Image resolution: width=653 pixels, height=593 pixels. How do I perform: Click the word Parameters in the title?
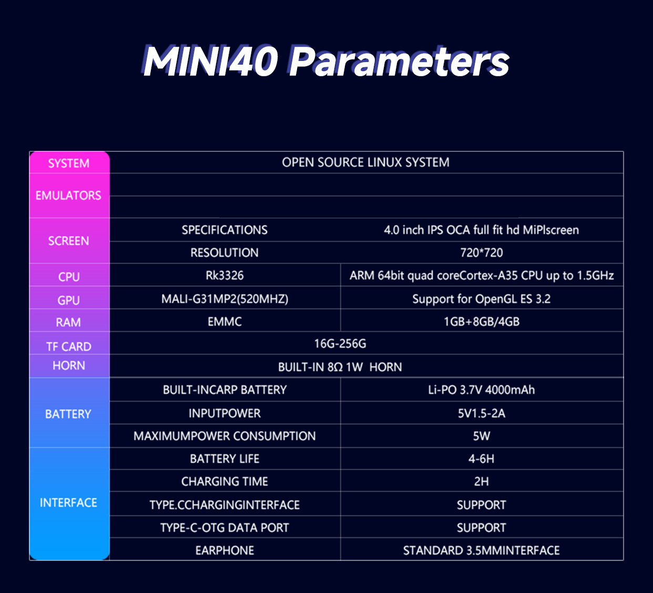[x=399, y=62]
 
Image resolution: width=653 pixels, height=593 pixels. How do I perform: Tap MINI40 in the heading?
[x=210, y=62]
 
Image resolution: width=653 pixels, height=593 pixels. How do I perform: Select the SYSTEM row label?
[x=69, y=163]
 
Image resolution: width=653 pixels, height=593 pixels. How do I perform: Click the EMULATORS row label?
[x=68, y=196]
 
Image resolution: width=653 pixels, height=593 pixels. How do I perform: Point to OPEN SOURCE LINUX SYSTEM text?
[x=365, y=162]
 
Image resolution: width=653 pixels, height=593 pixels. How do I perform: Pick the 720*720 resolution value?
[x=481, y=253]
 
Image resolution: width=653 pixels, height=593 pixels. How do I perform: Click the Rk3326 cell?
[x=225, y=275]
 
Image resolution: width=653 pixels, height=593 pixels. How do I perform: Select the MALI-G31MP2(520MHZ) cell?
[x=225, y=299]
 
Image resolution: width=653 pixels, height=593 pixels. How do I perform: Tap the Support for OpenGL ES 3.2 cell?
[x=481, y=299]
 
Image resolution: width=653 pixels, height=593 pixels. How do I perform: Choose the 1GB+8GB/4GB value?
[x=481, y=322]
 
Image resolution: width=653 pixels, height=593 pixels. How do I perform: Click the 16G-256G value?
[x=340, y=344]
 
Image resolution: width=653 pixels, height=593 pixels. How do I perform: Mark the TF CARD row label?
[x=69, y=346]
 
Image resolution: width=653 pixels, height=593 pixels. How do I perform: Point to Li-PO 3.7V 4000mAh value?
[x=481, y=390]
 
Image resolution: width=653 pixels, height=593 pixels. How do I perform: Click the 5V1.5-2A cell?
[x=481, y=414]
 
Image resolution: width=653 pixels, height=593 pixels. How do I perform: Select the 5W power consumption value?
[x=481, y=436]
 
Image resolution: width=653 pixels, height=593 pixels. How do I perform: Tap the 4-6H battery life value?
[x=481, y=459]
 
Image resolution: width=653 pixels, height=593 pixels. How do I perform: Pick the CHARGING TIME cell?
[x=225, y=482]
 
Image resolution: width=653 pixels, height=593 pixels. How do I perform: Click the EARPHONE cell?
[x=225, y=550]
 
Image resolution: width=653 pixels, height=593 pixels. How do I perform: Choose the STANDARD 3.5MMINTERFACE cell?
[x=481, y=550]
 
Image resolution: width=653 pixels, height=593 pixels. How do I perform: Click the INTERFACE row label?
[x=68, y=503]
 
